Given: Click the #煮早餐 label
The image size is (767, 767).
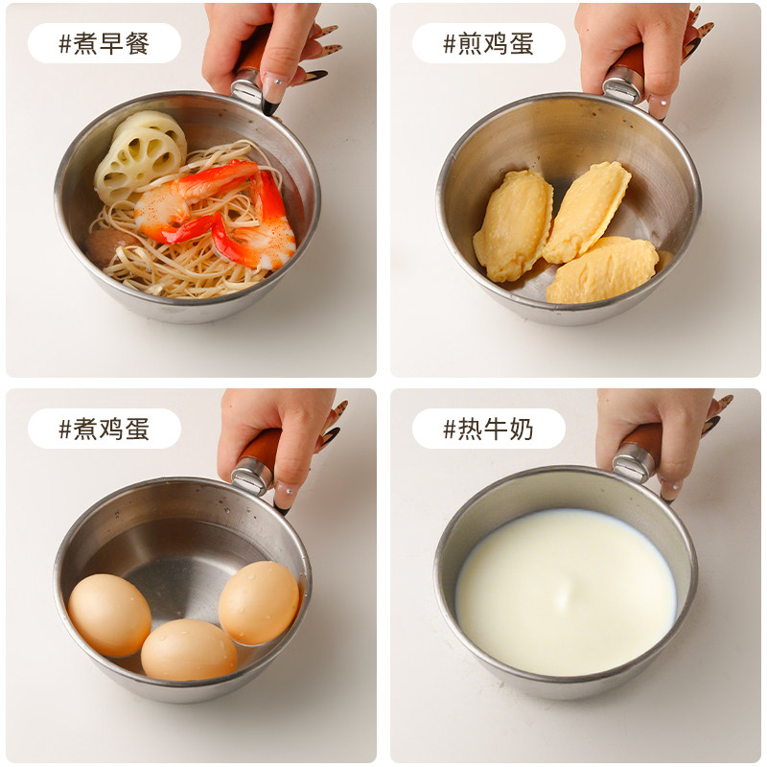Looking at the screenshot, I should [x=104, y=44].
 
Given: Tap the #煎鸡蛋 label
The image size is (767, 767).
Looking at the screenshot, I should [x=488, y=44].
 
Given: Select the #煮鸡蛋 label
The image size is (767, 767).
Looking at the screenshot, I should [x=104, y=429].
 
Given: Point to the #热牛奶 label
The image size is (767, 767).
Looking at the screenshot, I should [x=488, y=429].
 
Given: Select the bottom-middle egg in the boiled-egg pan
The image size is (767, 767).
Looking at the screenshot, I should [x=189, y=649].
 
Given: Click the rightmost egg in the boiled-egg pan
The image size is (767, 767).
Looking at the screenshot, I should [x=259, y=602].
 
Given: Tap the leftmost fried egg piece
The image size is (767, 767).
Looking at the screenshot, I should [x=513, y=225].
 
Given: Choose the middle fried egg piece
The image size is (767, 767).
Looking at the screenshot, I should [x=587, y=211].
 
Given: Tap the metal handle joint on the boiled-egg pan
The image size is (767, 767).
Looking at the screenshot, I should [x=252, y=475].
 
